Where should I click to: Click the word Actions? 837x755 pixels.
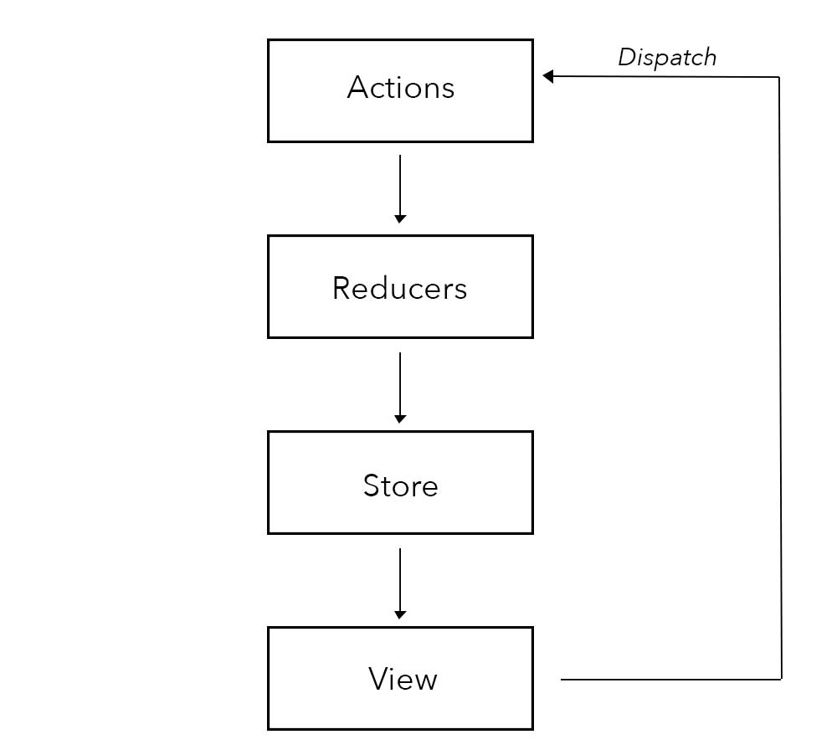point(400,88)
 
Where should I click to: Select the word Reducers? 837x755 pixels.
point(399,288)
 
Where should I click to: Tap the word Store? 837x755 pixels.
point(400,486)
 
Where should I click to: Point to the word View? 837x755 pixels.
point(403,679)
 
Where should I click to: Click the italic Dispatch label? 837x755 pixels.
point(667,58)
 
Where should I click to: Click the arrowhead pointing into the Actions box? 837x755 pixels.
point(547,76)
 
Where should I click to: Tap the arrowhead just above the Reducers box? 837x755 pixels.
point(400,218)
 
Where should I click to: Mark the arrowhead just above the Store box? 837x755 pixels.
point(400,418)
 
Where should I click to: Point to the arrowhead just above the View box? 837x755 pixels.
point(400,614)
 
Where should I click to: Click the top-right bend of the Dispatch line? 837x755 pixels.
point(779,77)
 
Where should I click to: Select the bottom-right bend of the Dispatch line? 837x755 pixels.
point(781,679)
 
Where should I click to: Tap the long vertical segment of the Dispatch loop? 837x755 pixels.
point(780,377)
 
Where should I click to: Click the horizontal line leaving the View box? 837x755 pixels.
point(670,679)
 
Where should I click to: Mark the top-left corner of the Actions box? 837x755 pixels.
point(269,40)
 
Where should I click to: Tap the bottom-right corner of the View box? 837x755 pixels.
point(532,729)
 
